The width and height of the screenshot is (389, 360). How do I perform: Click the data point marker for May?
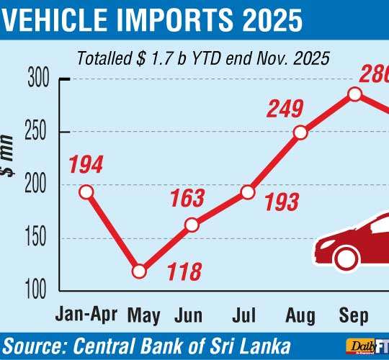(x=139, y=271)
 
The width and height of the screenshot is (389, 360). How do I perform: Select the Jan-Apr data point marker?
(x=86, y=192)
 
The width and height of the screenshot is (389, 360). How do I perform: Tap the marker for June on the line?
(x=192, y=225)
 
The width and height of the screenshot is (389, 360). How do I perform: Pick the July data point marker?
(x=247, y=192)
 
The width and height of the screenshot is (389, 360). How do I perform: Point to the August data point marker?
(x=300, y=132)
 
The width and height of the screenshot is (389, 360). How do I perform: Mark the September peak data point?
(x=354, y=94)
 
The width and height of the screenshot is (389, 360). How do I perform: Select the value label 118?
(x=184, y=273)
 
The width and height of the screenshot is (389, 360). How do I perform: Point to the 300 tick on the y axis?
(x=39, y=79)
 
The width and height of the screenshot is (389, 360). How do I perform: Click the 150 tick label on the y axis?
(x=39, y=238)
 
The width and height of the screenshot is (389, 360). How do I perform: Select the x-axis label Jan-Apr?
(x=84, y=314)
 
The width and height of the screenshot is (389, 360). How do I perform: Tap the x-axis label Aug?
(x=300, y=314)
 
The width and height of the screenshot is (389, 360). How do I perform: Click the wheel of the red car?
(x=346, y=258)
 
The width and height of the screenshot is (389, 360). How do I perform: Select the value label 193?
(x=280, y=202)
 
